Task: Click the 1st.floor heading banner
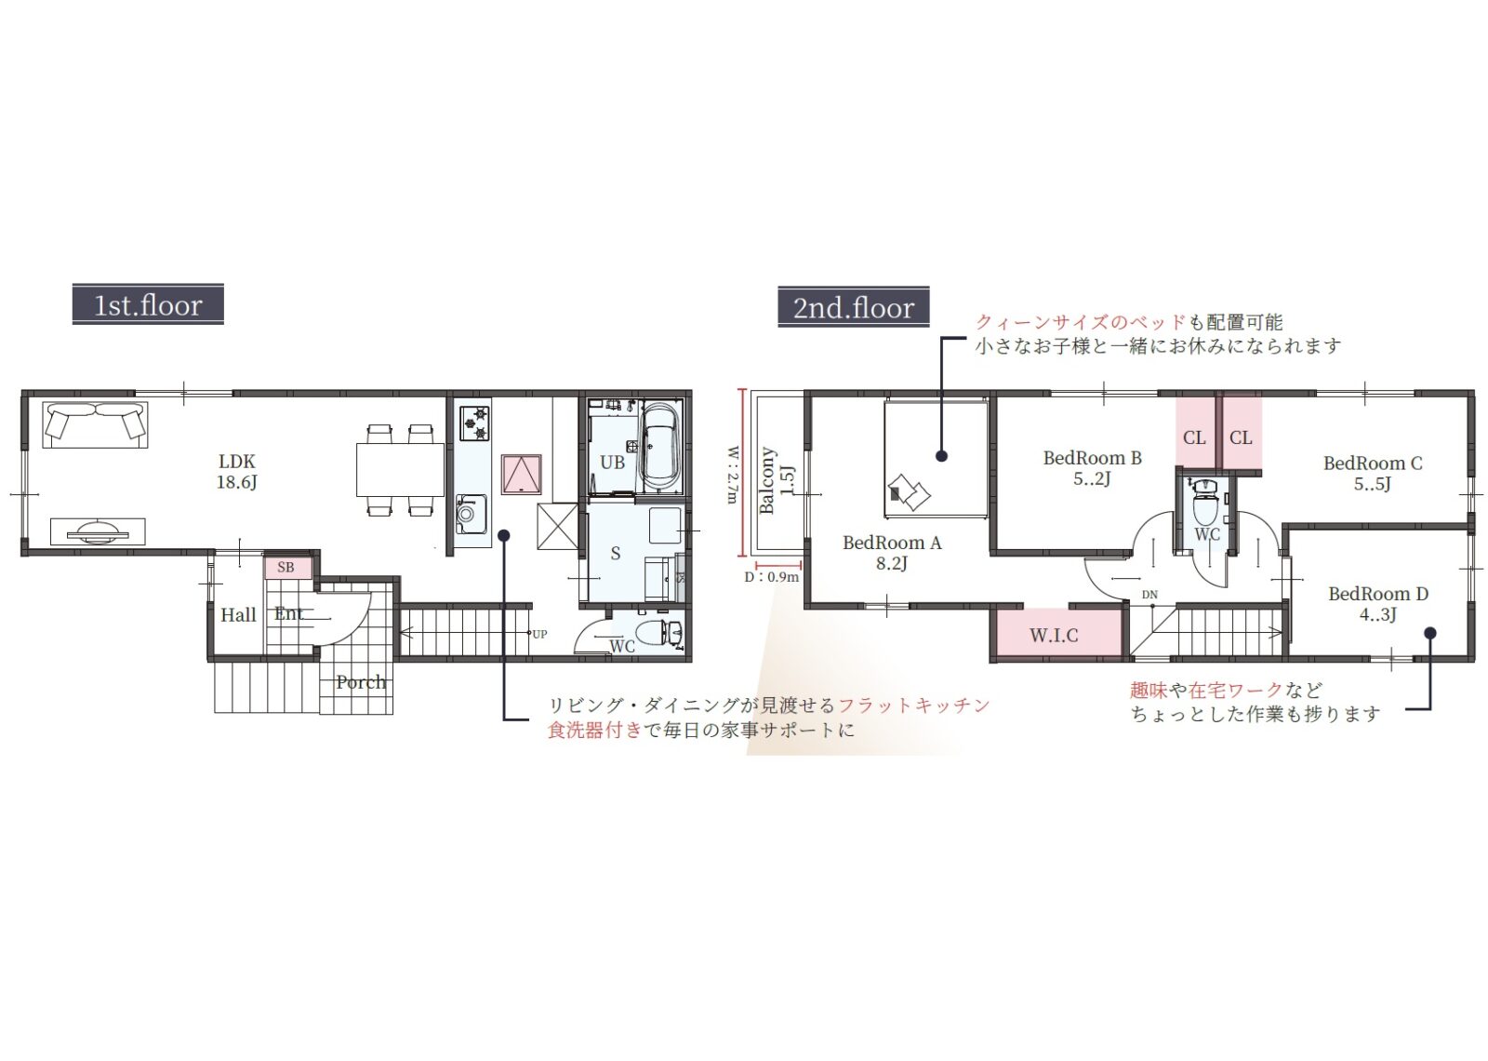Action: click(148, 304)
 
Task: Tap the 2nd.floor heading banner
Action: click(853, 307)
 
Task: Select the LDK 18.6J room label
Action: click(236, 471)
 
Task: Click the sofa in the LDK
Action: click(95, 424)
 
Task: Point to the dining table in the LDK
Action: click(400, 469)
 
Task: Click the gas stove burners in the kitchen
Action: click(475, 423)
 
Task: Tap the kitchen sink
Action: click(471, 514)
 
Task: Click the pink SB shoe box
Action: click(287, 568)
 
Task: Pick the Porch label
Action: click(360, 681)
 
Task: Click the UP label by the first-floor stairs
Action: click(539, 634)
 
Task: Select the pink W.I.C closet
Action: click(1055, 635)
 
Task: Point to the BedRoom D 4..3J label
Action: click(1377, 604)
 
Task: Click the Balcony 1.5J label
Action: click(777, 480)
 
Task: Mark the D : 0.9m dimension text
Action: click(771, 577)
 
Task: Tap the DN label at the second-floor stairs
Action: click(1149, 595)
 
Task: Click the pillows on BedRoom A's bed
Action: click(910, 492)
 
